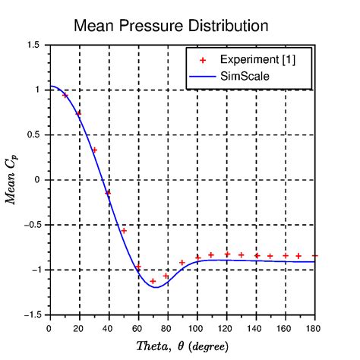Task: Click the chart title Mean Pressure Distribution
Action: point(170,26)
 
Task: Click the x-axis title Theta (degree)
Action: point(181,346)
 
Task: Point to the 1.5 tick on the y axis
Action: point(33,45)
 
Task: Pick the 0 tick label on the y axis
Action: point(38,180)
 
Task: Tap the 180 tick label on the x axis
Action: point(314,328)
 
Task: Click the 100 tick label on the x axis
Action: point(197,328)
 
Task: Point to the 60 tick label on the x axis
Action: point(138,328)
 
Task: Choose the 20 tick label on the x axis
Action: point(79,328)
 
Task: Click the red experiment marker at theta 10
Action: point(65,95)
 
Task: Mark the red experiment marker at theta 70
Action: point(153,281)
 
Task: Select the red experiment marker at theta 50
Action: point(124,230)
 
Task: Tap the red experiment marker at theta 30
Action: point(94,150)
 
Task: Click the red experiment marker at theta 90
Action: point(182,262)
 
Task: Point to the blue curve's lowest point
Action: point(156,287)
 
